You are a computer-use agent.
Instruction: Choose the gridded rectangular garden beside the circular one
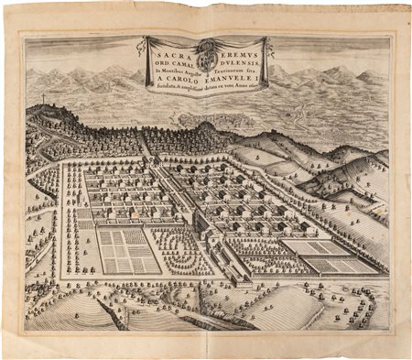click(129, 248)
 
